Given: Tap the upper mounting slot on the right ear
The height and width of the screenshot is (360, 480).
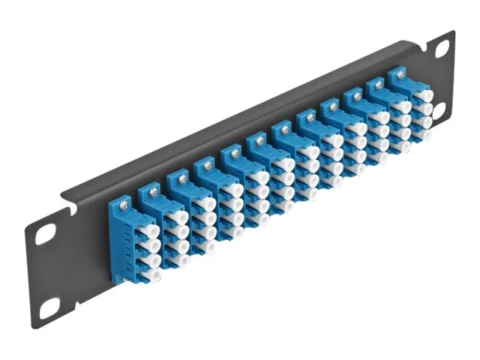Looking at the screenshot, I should coord(442,49).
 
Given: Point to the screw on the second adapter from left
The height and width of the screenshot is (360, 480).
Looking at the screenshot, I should coord(154,191).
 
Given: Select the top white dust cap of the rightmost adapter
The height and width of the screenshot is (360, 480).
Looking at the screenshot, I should coord(425,95).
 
